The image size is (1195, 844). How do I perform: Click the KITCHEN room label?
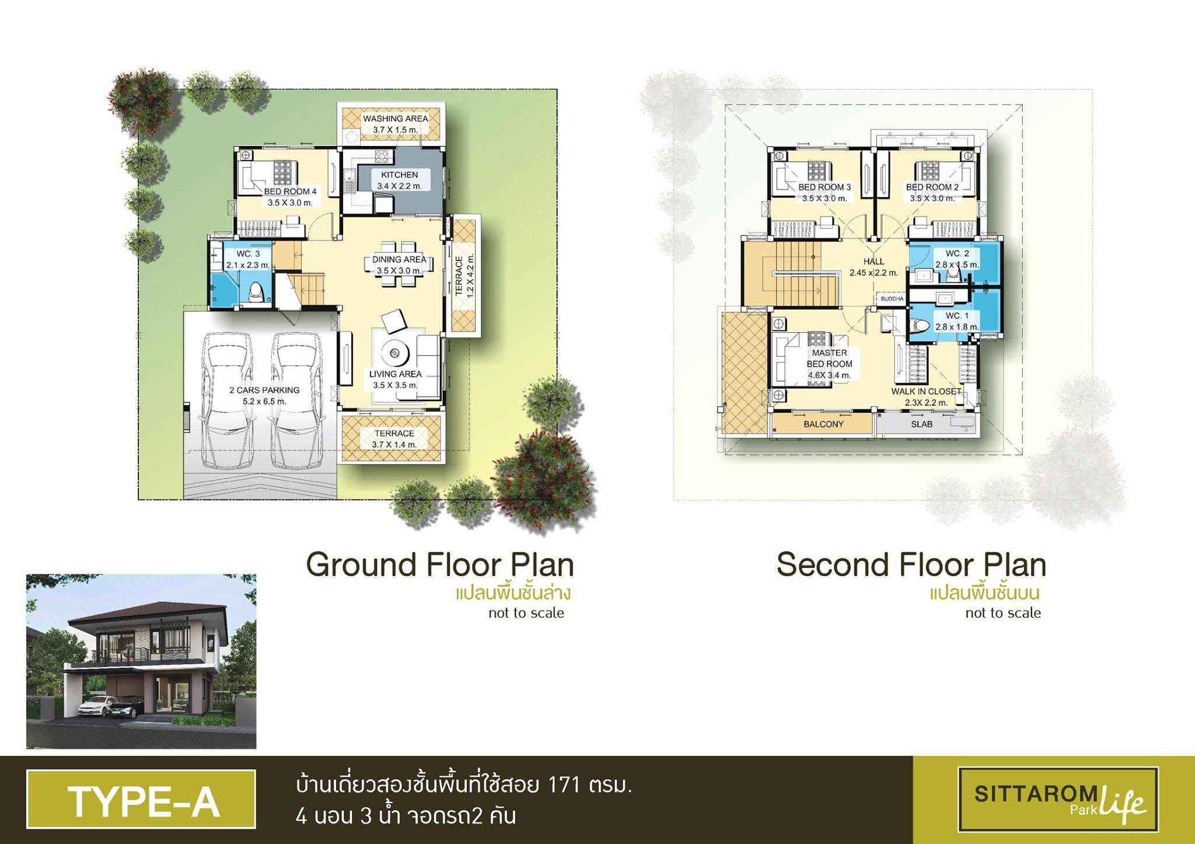click(x=400, y=175)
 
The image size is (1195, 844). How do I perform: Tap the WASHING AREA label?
click(x=396, y=118)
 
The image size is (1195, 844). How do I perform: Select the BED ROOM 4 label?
click(x=291, y=191)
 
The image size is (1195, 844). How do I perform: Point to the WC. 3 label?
click(x=248, y=254)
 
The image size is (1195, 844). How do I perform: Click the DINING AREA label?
click(x=400, y=259)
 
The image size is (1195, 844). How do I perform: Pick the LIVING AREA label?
click(x=396, y=374)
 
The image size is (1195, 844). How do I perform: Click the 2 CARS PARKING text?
click(x=264, y=390)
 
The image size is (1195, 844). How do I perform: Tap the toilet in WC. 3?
click(x=256, y=292)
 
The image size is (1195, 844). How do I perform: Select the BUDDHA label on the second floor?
click(x=892, y=299)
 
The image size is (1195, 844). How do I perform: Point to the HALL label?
click(x=873, y=261)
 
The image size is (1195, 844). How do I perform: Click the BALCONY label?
click(x=823, y=424)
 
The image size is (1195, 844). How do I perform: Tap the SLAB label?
click(x=922, y=424)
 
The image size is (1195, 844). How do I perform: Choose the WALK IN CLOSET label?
click(x=926, y=391)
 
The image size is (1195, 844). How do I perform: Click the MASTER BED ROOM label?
click(x=830, y=358)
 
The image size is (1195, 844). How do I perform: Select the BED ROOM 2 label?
click(x=932, y=187)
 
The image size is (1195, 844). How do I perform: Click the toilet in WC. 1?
click(x=920, y=325)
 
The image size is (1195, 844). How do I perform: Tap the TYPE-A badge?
click(x=141, y=799)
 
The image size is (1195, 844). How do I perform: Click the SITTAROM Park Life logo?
click(x=1058, y=799)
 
